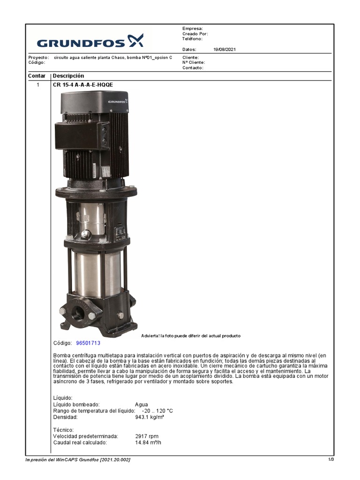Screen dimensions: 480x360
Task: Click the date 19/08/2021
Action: (224, 49)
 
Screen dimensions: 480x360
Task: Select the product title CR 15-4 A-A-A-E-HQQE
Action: (83, 85)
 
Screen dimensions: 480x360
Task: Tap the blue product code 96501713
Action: (88, 343)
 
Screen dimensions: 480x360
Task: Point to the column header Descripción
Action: (68, 76)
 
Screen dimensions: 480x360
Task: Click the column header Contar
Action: (37, 76)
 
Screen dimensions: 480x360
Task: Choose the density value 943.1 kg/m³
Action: (150, 417)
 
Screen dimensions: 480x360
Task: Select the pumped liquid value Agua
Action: (141, 405)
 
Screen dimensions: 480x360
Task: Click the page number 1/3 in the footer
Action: (331, 460)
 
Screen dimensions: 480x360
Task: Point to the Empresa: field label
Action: (192, 29)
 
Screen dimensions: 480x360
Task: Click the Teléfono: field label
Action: (192, 39)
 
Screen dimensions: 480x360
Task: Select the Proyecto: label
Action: (38, 57)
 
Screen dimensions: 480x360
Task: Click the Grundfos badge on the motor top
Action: (118, 101)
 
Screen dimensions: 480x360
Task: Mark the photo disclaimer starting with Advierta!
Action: (191, 336)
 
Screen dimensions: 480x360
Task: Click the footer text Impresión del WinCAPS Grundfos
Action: (78, 460)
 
